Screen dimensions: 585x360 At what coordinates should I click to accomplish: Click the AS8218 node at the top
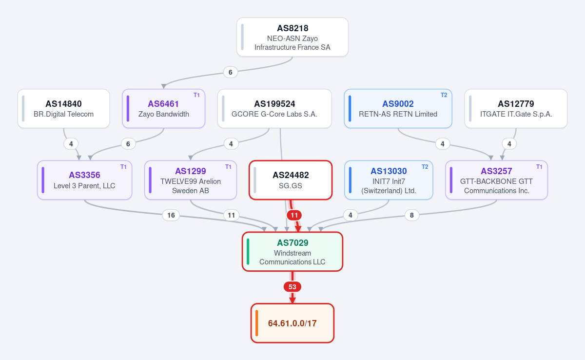pyautogui.click(x=292, y=37)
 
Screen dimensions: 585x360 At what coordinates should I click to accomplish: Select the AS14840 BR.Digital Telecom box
pyautogui.click(x=63, y=109)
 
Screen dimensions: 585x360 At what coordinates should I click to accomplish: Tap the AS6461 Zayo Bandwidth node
pyautogui.click(x=163, y=109)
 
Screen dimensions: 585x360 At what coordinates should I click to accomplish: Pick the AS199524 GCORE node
pyautogui.click(x=274, y=109)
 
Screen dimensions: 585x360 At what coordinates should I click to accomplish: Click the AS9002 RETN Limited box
pyautogui.click(x=398, y=109)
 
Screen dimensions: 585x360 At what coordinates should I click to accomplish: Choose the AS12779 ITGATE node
pyautogui.click(x=516, y=109)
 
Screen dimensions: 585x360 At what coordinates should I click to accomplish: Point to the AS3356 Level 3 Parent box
pyautogui.click(x=85, y=180)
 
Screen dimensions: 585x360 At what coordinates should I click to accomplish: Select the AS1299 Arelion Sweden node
pyautogui.click(x=191, y=180)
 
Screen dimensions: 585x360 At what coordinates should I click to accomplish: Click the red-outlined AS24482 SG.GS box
pyautogui.click(x=291, y=180)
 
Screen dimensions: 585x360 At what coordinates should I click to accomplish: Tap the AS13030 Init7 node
pyautogui.click(x=389, y=180)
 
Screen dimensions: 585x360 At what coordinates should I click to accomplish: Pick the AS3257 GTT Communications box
pyautogui.click(x=496, y=180)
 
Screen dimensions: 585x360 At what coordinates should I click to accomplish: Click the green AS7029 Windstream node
pyautogui.click(x=292, y=252)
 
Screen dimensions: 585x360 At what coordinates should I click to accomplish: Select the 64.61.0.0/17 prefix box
pyautogui.click(x=292, y=323)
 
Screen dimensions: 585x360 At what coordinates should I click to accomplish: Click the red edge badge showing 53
pyautogui.click(x=292, y=287)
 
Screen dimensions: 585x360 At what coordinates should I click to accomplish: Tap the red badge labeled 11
pyautogui.click(x=294, y=215)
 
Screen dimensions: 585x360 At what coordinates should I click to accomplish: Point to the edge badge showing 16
pyautogui.click(x=171, y=215)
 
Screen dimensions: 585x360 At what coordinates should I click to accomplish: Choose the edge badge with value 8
pyautogui.click(x=411, y=215)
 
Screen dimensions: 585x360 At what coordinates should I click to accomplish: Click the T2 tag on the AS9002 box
pyautogui.click(x=444, y=95)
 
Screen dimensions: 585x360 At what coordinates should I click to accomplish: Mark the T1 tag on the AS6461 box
pyautogui.click(x=196, y=95)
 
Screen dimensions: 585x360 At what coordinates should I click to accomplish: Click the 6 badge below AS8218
pyautogui.click(x=230, y=72)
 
